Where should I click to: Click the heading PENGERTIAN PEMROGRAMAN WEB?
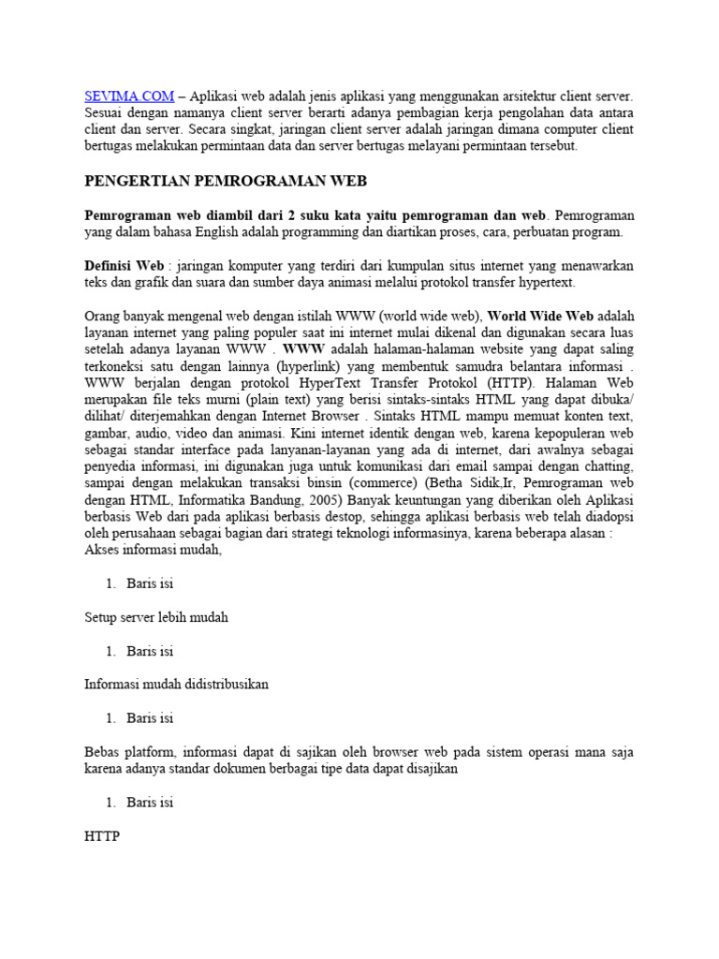(226, 181)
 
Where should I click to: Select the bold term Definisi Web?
(124, 266)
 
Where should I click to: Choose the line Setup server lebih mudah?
(155, 617)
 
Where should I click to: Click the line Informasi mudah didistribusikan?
(176, 685)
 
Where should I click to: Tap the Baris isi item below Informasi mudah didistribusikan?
(150, 718)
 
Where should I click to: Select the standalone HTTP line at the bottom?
(102, 836)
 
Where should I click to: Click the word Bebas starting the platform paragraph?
(104, 752)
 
